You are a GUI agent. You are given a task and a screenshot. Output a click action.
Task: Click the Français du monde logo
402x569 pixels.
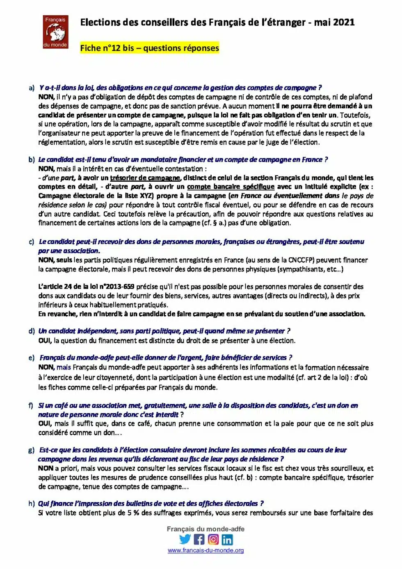pyautogui.click(x=55, y=32)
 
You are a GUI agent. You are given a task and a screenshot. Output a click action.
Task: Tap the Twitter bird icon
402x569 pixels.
pyautogui.click(x=185, y=539)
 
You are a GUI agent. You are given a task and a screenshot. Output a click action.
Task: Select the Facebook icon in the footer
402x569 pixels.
pyautogui.click(x=199, y=539)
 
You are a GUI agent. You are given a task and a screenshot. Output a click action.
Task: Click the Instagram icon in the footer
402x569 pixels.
pyautogui.click(x=213, y=539)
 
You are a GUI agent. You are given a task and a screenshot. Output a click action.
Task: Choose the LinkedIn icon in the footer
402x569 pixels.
pyautogui.click(x=227, y=539)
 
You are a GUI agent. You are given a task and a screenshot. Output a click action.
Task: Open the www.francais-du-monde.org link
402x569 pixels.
pyautogui.click(x=206, y=551)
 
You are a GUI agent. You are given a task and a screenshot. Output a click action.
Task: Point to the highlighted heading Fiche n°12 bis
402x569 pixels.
pyautogui.click(x=149, y=48)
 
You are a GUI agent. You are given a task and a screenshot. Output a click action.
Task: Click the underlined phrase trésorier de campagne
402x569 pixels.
pyautogui.click(x=145, y=178)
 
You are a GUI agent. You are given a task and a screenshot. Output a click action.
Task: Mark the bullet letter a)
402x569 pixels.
pyautogui.click(x=32, y=88)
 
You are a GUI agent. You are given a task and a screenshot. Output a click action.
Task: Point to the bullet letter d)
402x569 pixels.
pyautogui.click(x=32, y=331)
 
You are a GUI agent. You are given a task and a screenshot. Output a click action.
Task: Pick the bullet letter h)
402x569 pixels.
pyautogui.click(x=32, y=503)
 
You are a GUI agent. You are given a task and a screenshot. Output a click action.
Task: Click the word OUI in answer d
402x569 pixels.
pyautogui.click(x=45, y=340)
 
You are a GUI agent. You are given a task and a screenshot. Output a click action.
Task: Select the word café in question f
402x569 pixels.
pyautogui.click(x=61, y=405)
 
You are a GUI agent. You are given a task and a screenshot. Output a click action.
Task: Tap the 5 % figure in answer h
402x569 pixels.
pyautogui.click(x=133, y=513)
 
